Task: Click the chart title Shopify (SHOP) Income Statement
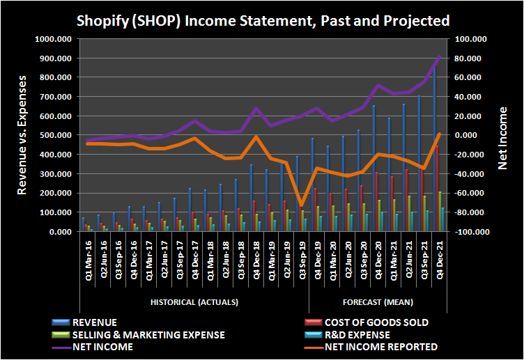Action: click(x=262, y=20)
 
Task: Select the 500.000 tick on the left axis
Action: click(x=55, y=136)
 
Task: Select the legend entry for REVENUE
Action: click(x=95, y=322)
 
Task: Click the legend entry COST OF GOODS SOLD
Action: click(x=376, y=322)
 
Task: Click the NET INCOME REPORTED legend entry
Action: click(x=380, y=346)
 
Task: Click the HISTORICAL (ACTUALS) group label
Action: click(x=194, y=302)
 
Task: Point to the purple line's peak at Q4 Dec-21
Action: click(x=439, y=57)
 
